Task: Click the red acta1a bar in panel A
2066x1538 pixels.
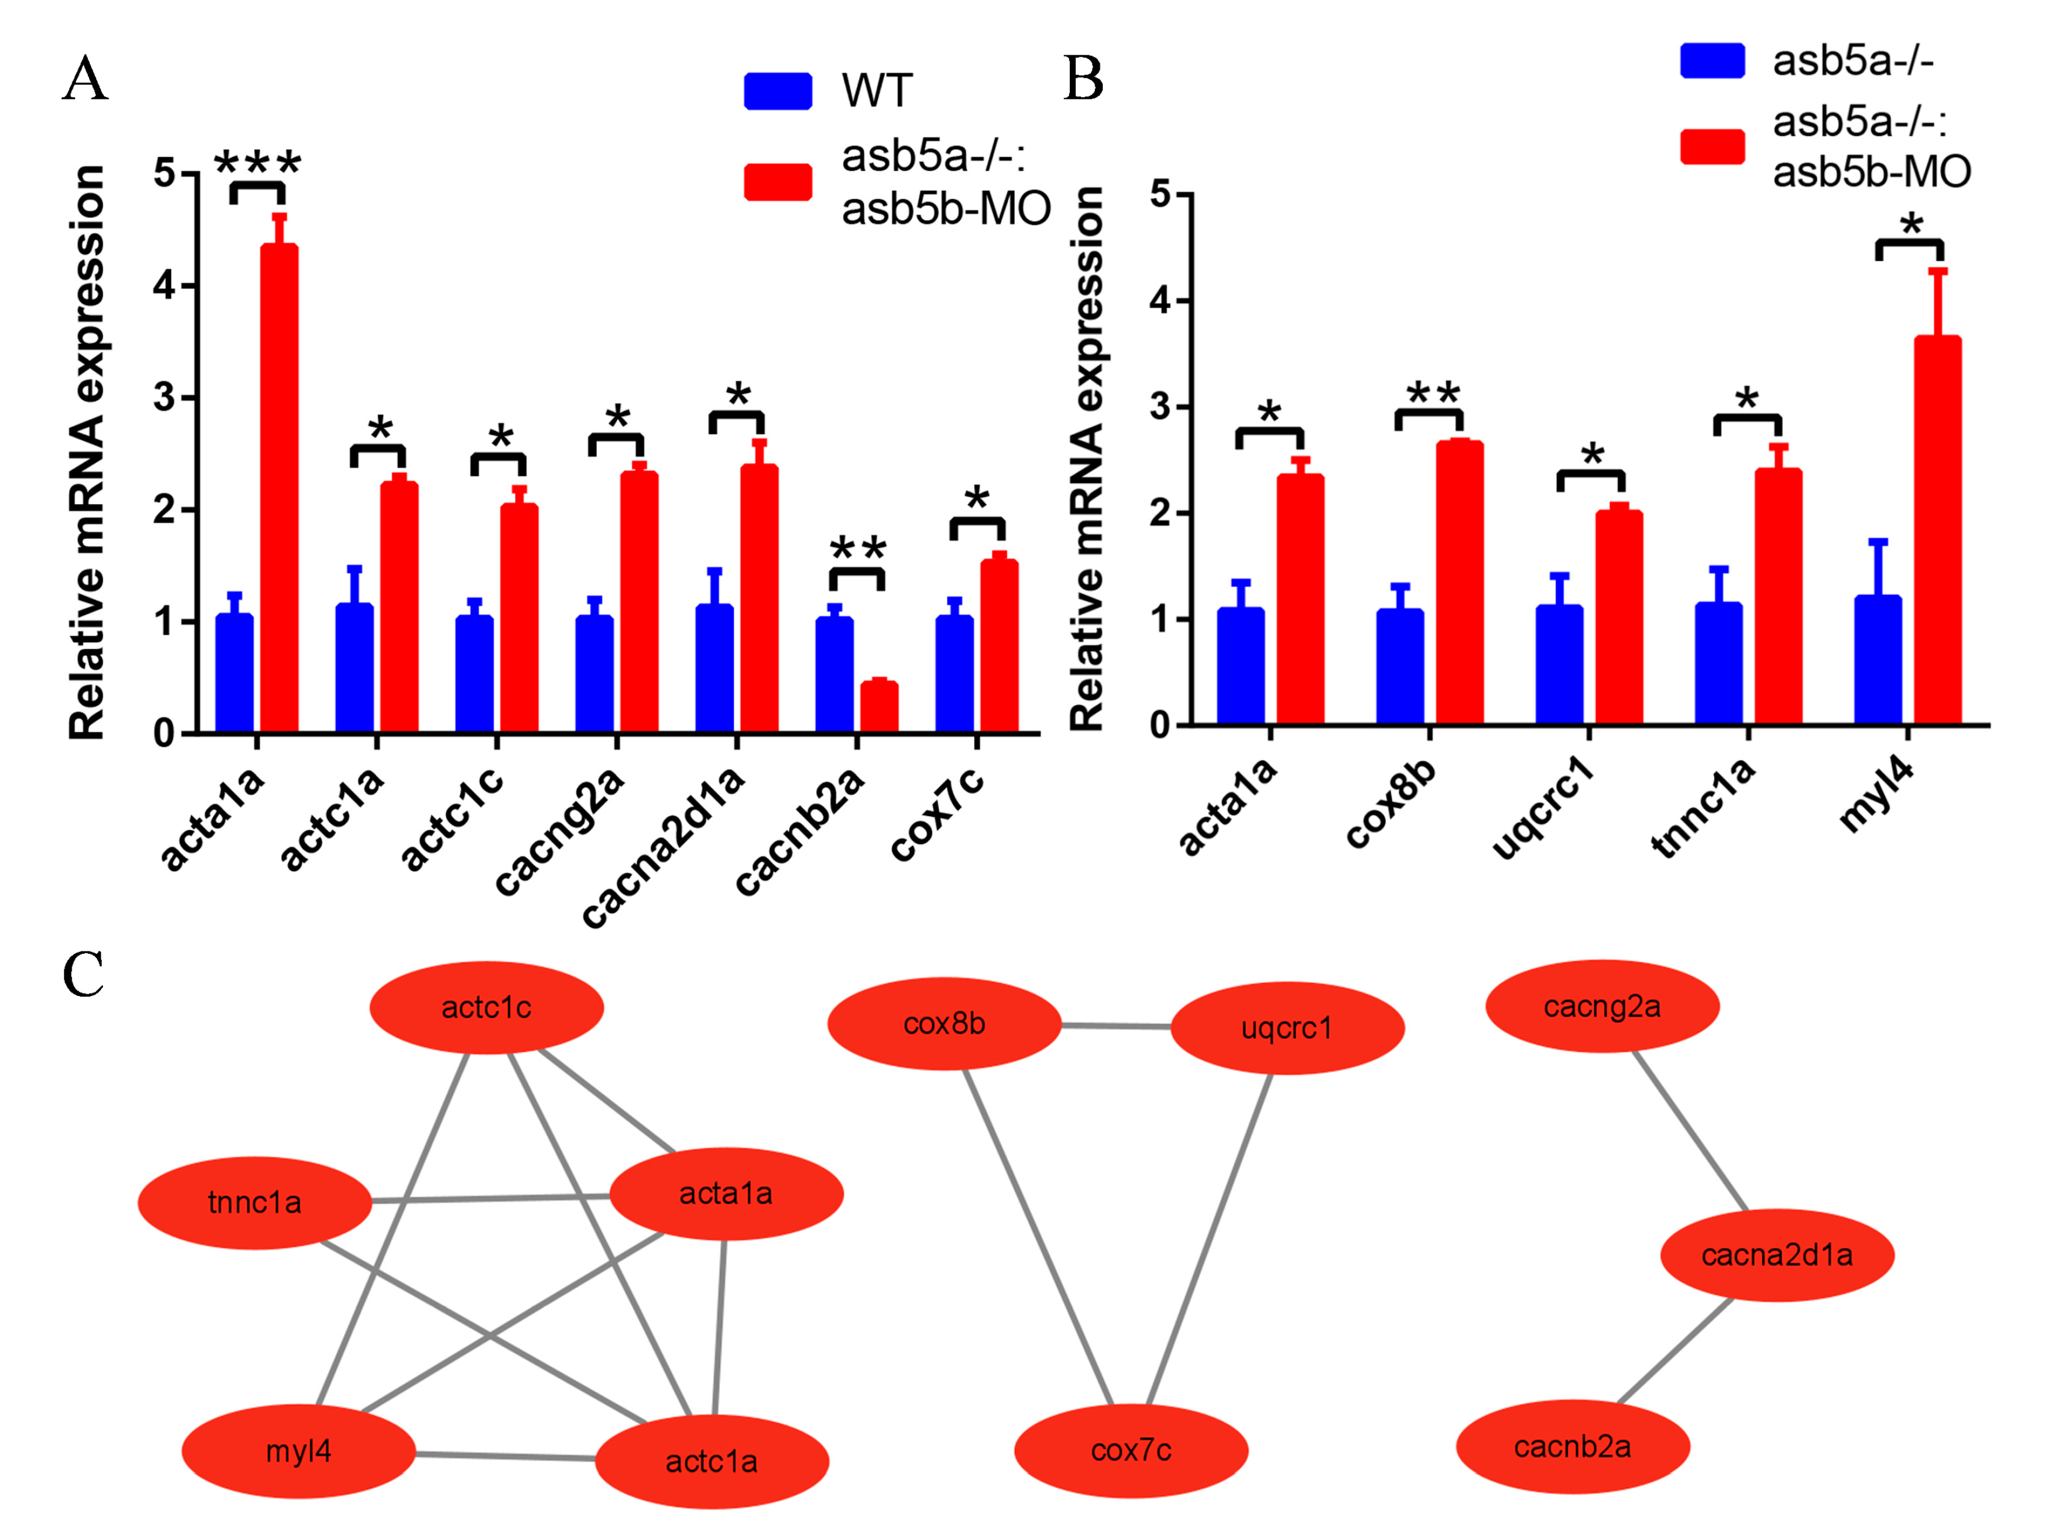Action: tap(278, 489)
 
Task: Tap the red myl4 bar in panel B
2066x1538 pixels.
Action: tap(1938, 531)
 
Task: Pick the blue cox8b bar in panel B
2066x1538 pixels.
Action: tap(1399, 667)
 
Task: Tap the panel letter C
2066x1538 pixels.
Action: tap(84, 975)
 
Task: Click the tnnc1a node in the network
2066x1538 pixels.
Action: tap(254, 1203)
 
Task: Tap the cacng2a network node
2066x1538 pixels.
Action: tap(1602, 1006)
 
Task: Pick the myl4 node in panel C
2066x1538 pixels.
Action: tap(298, 1451)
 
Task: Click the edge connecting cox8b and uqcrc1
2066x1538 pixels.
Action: tap(1116, 1026)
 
